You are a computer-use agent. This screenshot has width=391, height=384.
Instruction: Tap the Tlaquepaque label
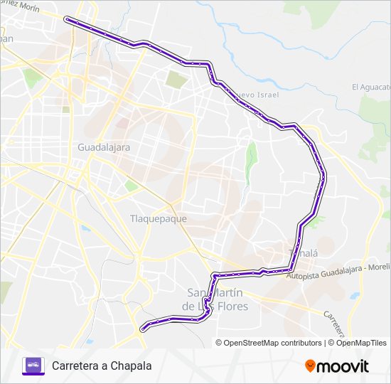pos(159,218)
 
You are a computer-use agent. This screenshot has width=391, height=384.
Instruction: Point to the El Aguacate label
pos(371,87)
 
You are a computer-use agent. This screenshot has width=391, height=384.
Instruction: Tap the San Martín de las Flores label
pos(215,299)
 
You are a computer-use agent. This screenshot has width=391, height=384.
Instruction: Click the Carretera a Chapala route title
pos(102,366)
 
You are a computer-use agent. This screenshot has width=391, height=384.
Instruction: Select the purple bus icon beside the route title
pos(33,366)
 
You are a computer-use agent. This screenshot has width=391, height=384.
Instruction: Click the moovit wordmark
pos(343,366)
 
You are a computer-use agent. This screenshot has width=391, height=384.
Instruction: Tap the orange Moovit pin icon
pos(310,366)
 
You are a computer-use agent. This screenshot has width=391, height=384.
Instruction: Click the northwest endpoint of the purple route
pos(66,19)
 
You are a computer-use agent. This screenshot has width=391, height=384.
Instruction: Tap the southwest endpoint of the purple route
pos(144,329)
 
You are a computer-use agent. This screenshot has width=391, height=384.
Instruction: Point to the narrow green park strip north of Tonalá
pos(250,162)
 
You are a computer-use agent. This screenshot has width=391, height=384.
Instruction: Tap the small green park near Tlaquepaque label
pos(131,186)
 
